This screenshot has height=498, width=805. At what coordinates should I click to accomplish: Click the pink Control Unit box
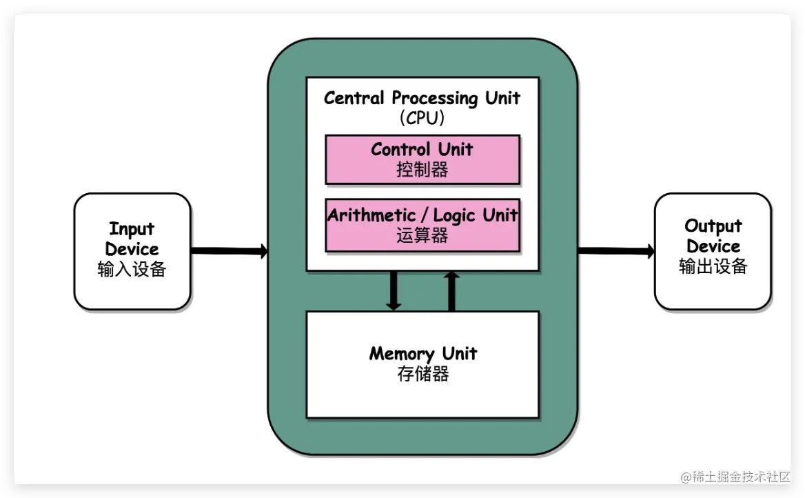pos(422,159)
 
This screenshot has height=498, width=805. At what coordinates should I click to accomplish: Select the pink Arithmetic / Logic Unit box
pos(422,225)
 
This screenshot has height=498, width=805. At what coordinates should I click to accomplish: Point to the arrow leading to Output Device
pos(616,251)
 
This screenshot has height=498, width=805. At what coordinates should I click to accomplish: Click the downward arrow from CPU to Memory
pos(394,290)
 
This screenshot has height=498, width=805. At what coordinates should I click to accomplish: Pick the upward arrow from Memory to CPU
pos(451,290)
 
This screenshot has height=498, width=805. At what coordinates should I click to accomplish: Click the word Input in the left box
pos(132,229)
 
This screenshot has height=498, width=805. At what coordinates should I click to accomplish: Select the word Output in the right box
pos(713,226)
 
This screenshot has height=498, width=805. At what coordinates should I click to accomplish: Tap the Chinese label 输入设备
pos(132,270)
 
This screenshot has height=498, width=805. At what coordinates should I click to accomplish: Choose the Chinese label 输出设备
pos(713,267)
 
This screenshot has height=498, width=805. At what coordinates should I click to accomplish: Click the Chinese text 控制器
pos(422,170)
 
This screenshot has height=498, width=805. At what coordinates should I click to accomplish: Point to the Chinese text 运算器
pos(422,236)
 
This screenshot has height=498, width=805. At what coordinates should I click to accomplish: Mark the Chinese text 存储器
pos(422,375)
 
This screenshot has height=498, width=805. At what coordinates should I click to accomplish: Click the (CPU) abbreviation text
pos(422,118)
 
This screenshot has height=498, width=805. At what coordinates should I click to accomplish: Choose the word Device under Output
pos(713,246)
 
